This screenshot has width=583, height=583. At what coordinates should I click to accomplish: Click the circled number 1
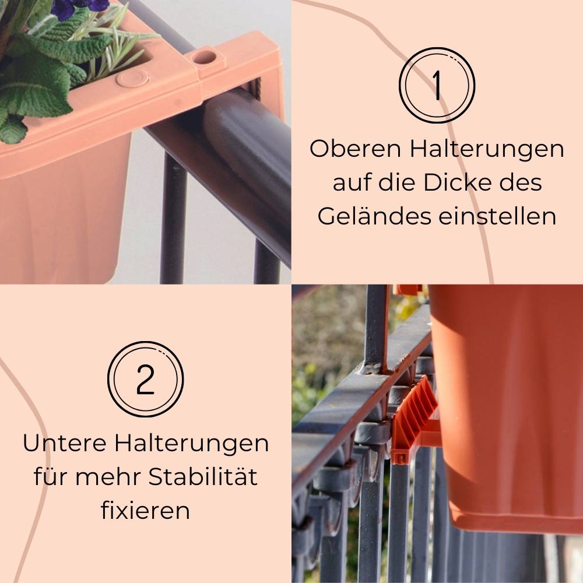[437, 85]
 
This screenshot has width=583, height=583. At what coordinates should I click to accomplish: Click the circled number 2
[145, 380]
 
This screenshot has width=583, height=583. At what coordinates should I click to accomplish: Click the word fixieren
[145, 511]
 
